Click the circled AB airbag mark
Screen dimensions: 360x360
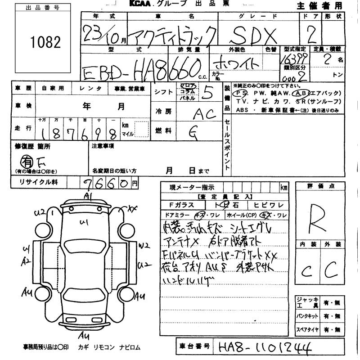click(x=298, y=93)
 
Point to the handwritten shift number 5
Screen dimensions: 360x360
click(x=207, y=92)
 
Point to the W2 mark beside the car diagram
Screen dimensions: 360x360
click(x=144, y=246)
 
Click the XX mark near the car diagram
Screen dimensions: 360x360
click(x=131, y=208)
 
